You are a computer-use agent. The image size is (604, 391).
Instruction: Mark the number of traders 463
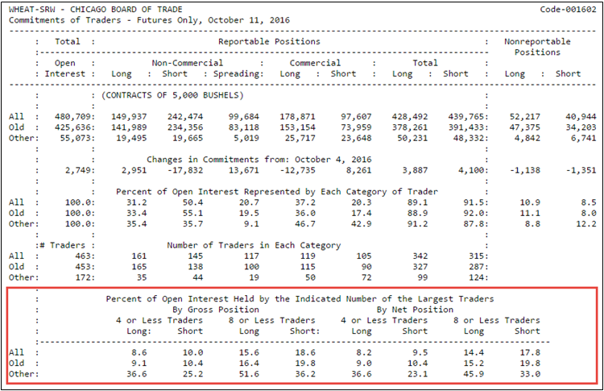(79, 255)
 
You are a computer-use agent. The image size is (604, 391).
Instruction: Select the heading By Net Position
(414, 309)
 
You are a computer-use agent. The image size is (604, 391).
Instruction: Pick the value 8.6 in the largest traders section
(139, 352)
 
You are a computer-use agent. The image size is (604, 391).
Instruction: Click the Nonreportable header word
(536, 41)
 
